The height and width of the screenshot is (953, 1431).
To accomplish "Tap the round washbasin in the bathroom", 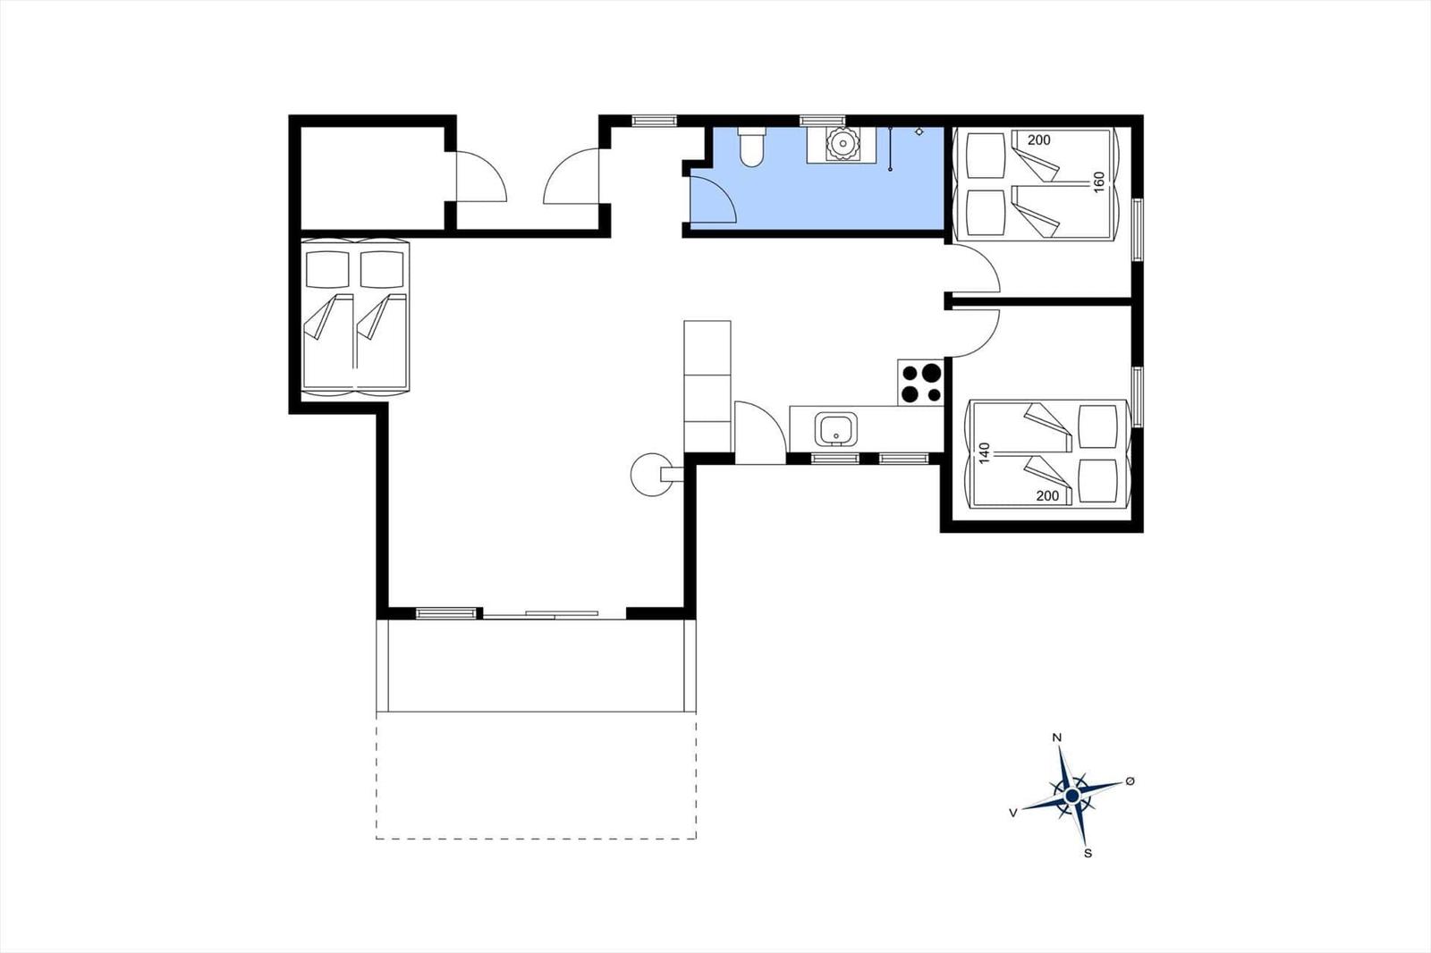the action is click(843, 144).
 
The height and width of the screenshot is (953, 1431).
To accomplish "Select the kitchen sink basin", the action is click(835, 429).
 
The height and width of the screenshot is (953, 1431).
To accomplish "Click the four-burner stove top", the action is click(920, 382).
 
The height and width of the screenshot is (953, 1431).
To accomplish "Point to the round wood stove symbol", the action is click(652, 474).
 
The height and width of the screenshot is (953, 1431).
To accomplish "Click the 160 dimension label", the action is click(1099, 182).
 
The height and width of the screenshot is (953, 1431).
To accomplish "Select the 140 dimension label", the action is click(984, 452).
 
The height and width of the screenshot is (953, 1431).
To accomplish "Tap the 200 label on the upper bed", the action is click(1038, 139).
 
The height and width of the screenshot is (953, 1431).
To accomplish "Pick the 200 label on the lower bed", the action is click(1047, 495).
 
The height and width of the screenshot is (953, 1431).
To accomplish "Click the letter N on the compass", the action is click(1056, 738).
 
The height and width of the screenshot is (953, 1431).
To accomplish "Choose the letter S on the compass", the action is click(1088, 854).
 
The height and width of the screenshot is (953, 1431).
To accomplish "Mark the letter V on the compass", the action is click(1012, 813).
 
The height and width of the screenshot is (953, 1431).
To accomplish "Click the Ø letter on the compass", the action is click(1130, 780).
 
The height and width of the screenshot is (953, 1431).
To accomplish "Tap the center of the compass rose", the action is click(1072, 796).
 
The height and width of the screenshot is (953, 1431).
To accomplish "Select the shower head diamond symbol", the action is click(919, 131).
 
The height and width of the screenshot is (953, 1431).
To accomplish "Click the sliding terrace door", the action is click(540, 615).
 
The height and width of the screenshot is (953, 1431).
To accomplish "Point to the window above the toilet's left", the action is click(654, 121).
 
